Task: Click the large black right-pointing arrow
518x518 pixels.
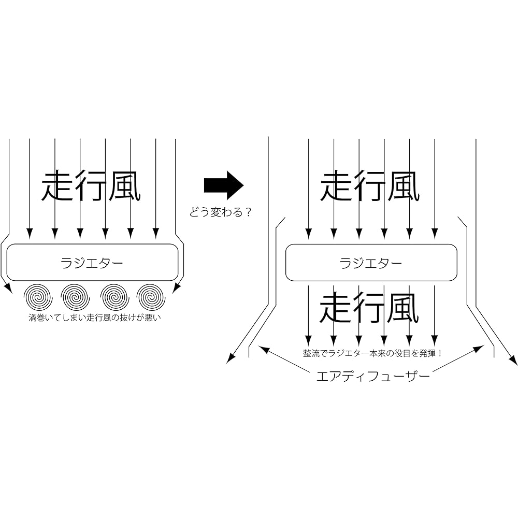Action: coord(224,185)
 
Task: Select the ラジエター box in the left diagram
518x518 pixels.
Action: coord(93,263)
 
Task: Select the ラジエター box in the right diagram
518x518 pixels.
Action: coord(371,263)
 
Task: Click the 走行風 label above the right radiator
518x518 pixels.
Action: coord(370,185)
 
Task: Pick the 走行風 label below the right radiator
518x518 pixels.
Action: coord(369,308)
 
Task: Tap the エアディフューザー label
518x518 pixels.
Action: coord(373,376)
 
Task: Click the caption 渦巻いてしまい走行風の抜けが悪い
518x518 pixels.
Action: coord(95,318)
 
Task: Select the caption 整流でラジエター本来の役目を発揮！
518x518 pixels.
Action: coord(372,353)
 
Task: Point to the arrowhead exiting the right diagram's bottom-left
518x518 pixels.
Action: coord(231,359)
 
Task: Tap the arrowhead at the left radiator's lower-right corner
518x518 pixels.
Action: coord(177,289)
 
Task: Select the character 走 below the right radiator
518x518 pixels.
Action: coord(336,308)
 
